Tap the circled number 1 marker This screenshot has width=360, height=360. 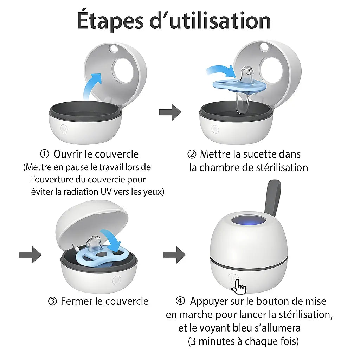click(44, 154)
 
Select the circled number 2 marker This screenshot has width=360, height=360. click(192, 154)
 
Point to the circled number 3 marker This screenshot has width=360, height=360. click(52, 301)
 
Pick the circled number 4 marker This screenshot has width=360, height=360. click(180, 301)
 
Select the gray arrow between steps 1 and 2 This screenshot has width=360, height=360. click(170, 112)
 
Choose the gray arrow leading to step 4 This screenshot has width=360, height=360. click(175, 255)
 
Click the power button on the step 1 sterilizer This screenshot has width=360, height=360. click(64, 129)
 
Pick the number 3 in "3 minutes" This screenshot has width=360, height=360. click(192, 341)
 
